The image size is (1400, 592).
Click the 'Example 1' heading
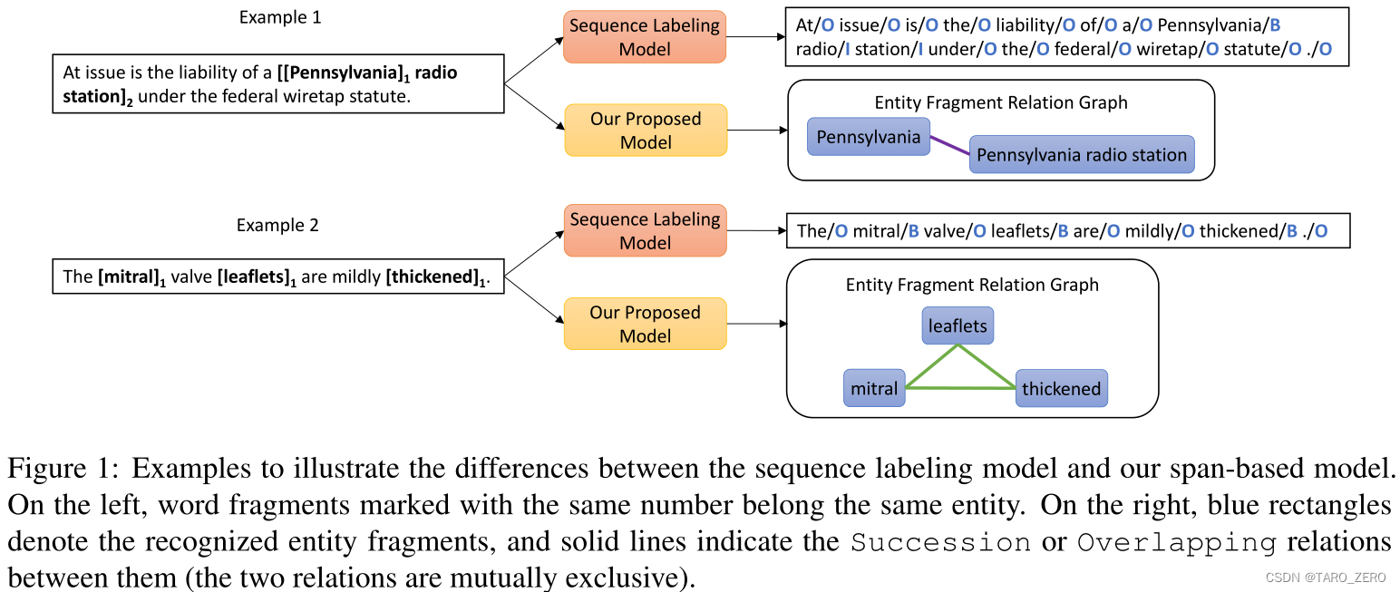click(279, 17)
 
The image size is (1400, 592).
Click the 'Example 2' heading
click(277, 225)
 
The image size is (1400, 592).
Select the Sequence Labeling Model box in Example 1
click(645, 37)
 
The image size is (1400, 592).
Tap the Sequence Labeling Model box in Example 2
click(645, 230)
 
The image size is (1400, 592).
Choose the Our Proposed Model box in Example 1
click(645, 131)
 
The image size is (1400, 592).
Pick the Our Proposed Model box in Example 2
click(645, 324)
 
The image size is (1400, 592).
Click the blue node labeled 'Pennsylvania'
click(868, 137)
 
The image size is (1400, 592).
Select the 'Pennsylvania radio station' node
click(1081, 155)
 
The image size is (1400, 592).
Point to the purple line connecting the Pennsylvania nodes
click(948, 145)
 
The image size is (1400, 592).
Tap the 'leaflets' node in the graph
click(958, 325)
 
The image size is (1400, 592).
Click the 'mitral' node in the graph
click(874, 389)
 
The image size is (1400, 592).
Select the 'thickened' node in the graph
click(1061, 389)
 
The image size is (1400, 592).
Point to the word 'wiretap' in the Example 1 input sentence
click(303, 96)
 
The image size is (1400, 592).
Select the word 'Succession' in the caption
click(940, 543)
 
